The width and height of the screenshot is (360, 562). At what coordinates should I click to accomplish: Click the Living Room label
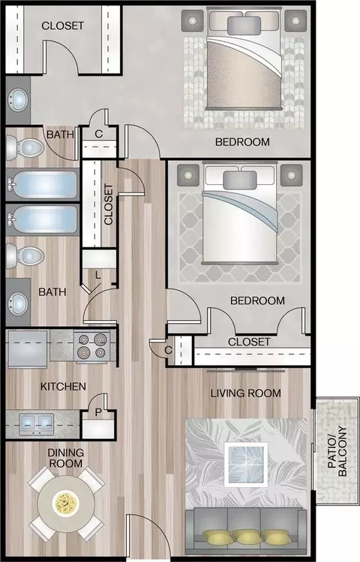(245, 393)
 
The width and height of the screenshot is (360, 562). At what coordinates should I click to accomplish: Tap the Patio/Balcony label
(337, 451)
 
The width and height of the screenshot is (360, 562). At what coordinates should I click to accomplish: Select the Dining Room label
(66, 458)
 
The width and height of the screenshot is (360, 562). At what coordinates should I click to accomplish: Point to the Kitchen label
(63, 387)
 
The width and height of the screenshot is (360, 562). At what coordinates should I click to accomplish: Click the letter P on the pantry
(98, 413)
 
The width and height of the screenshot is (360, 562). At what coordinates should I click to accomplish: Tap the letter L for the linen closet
(98, 275)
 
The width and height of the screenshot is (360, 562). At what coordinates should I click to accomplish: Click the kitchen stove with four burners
(91, 346)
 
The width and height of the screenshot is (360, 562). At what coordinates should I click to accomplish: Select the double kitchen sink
(37, 423)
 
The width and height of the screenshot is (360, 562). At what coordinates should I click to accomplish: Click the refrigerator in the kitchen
(28, 349)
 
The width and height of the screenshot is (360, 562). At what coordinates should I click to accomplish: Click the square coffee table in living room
(246, 465)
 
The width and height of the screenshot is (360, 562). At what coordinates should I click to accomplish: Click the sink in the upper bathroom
(18, 100)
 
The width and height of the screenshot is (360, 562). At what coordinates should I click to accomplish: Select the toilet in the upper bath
(25, 147)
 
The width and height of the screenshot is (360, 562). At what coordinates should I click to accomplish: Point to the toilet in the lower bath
(25, 256)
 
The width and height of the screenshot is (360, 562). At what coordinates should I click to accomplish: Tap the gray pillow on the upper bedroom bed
(244, 25)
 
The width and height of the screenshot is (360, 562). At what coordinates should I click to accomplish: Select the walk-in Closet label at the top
(63, 25)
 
